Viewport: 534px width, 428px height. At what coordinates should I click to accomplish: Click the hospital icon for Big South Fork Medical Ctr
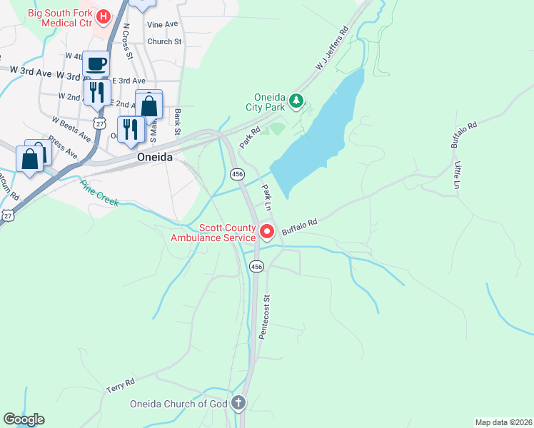coord(104,16)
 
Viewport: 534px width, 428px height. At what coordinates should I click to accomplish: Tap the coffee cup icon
coord(96,64)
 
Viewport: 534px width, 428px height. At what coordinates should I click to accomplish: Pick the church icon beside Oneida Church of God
coord(238,404)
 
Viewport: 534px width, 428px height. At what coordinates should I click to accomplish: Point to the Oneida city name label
coord(155,158)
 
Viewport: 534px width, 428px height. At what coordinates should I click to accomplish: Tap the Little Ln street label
coord(458,175)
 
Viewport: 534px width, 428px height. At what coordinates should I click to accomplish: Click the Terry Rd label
coord(120,386)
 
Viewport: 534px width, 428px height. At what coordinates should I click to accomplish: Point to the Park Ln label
coord(268,197)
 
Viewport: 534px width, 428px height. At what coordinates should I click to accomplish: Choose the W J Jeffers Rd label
coord(331,51)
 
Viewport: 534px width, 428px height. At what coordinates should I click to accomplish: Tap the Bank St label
coord(177,121)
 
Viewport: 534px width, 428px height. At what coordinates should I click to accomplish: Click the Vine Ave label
coord(162,24)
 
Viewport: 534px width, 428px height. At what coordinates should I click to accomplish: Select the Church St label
coord(164,41)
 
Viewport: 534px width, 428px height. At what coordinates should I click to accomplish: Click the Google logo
coord(24,419)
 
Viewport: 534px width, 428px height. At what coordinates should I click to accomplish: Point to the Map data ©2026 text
coord(503,422)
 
